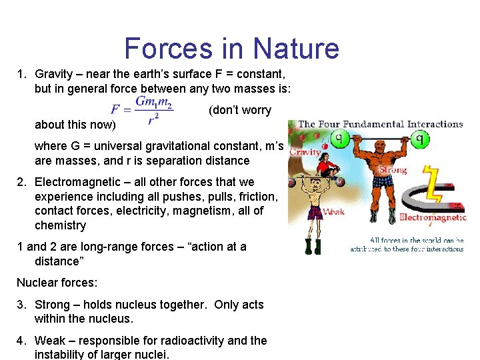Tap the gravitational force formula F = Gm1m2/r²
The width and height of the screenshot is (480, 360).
tap(142, 110)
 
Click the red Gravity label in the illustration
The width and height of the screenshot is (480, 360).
tap(305, 153)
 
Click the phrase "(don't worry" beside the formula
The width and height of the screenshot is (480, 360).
tap(240, 110)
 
